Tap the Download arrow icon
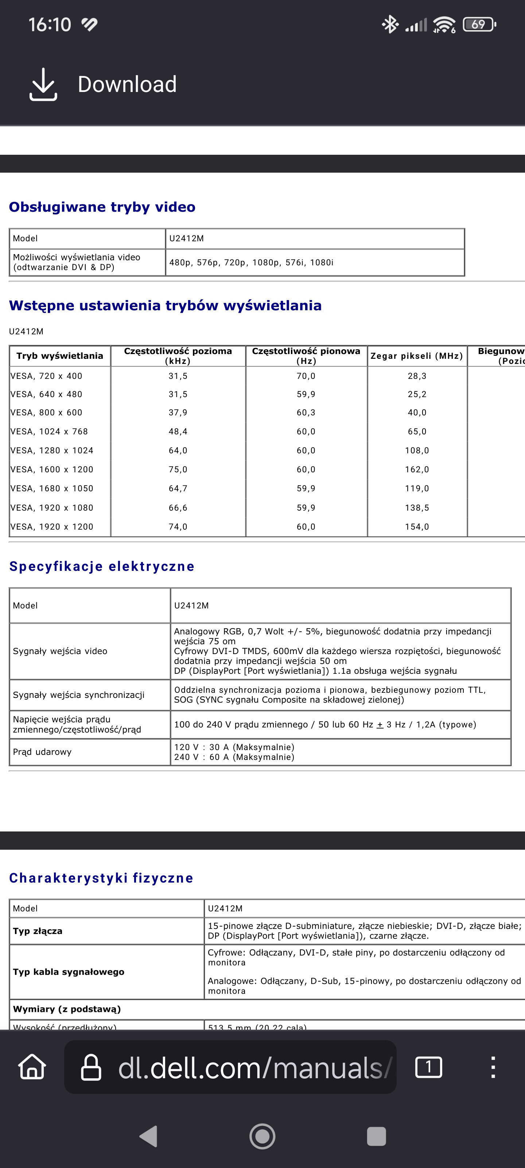click(x=43, y=84)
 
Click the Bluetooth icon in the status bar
click(x=390, y=24)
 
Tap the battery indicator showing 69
click(x=479, y=24)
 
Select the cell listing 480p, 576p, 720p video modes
click(x=252, y=262)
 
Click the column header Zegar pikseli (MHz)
click(x=417, y=356)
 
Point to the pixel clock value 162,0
click(x=417, y=470)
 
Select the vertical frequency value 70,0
click(x=306, y=376)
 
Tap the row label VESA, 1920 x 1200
click(x=52, y=527)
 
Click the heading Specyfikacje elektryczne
click(x=102, y=566)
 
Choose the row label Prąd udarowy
click(x=42, y=752)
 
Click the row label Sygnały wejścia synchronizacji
click(x=79, y=695)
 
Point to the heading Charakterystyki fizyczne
click(x=101, y=878)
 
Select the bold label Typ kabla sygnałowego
click(x=69, y=972)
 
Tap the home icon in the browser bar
click(x=32, y=1067)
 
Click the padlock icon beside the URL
click(x=90, y=1067)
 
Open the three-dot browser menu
click(x=493, y=1067)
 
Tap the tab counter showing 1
click(x=428, y=1067)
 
